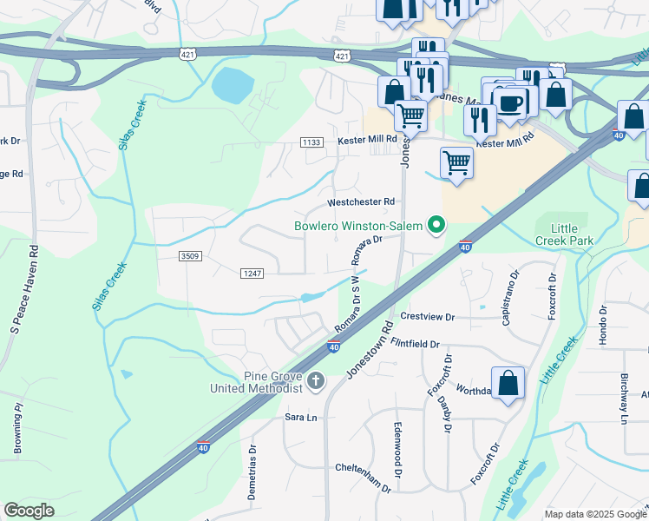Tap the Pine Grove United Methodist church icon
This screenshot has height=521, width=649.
[x=316, y=379]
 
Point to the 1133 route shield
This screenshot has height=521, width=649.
[x=311, y=142]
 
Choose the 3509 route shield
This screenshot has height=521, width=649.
[x=191, y=256]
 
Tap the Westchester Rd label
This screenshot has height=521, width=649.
[x=361, y=202]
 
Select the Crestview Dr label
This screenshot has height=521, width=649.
[x=427, y=318]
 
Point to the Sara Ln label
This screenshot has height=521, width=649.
[x=301, y=418]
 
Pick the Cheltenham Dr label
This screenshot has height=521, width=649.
[x=364, y=469]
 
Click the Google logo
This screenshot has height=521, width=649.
[x=29, y=511]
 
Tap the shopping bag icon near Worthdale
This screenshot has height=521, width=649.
[x=508, y=383]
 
